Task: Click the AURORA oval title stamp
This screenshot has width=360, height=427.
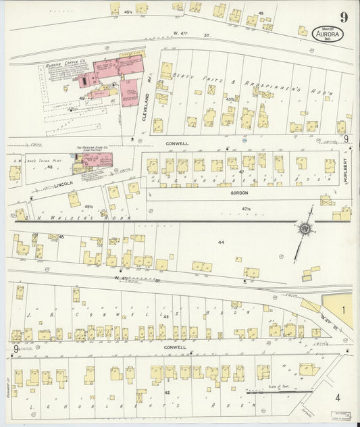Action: (x=329, y=33)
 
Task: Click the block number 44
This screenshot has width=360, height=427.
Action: (x=220, y=241)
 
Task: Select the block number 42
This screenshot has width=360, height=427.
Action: (x=167, y=391)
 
